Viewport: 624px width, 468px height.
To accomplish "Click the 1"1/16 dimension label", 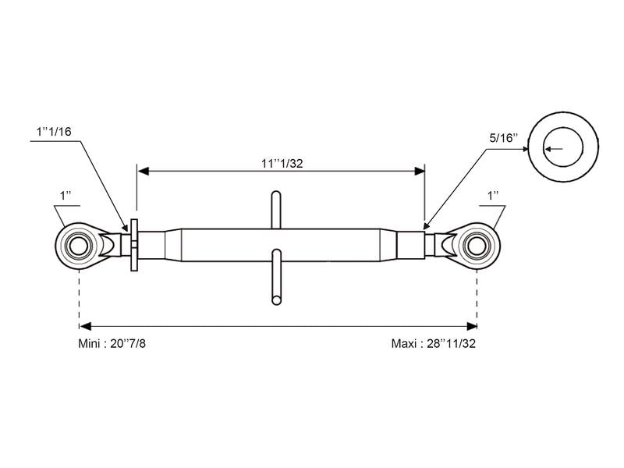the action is point(54,132).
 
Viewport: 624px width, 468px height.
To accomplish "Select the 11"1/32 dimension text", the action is point(282,163).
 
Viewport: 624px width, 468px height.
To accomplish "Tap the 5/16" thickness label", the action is point(504,138).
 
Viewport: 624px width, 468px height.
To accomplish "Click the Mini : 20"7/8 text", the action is point(112,343).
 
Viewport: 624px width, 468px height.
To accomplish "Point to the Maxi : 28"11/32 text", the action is point(434,343).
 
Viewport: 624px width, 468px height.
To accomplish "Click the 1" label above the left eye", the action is point(66,196).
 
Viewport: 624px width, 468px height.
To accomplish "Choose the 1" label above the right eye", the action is point(494,196).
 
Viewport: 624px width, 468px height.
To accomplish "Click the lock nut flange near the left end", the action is point(134,245).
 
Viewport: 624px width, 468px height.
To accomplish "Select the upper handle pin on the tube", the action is point(276,210).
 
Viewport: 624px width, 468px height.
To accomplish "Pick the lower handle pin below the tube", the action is point(277,277).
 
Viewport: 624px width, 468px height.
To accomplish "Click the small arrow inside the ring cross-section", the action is point(554,149).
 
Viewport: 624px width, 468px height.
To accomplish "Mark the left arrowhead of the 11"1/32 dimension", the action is point(143,171).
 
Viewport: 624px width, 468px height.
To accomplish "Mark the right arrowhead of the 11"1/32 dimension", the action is point(420,171).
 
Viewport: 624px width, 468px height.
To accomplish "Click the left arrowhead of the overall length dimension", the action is point(85,326).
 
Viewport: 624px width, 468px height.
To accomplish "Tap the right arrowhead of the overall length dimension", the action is point(472,326).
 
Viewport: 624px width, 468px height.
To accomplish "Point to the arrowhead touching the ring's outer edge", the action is point(525,149).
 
